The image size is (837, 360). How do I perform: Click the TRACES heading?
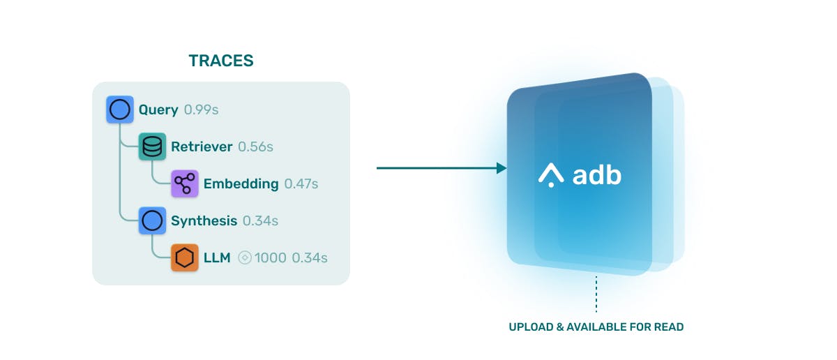point(221,61)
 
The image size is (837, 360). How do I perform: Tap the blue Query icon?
point(119,110)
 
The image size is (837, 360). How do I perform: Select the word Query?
point(158,110)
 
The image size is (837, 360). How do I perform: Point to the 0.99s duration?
point(201,110)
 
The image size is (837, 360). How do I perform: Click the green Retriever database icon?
point(152,147)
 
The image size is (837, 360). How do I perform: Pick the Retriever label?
point(202,147)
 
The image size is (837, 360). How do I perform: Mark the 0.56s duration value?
point(255,147)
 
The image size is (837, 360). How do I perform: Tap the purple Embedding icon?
point(185,183)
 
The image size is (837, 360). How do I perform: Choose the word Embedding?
point(241,184)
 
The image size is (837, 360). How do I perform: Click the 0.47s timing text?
point(301,183)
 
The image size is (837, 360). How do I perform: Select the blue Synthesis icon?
point(152,220)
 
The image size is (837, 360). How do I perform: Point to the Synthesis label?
point(204,221)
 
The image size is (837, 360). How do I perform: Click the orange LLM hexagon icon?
point(185,257)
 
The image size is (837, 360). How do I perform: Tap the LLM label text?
point(217,257)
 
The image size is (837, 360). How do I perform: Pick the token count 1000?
point(271,257)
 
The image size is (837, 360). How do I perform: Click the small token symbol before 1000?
point(245,257)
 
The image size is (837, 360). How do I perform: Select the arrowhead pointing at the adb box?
point(502,168)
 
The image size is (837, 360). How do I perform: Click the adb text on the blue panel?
point(597,174)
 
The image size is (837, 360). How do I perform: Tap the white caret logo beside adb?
point(551,175)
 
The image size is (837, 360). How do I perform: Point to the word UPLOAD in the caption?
point(531,327)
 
